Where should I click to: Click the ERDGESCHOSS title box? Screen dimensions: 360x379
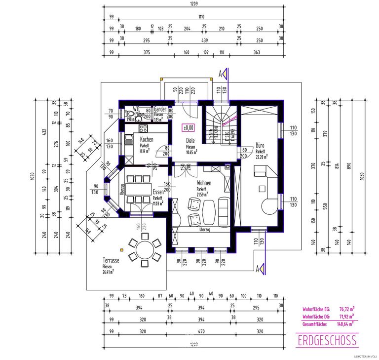(327, 340)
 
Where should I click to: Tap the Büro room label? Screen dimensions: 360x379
(260, 146)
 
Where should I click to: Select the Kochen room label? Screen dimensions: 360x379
(146, 140)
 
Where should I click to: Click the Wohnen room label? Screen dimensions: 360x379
(201, 183)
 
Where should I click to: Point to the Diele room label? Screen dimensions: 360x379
(191, 140)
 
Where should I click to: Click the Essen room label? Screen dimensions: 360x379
(159, 192)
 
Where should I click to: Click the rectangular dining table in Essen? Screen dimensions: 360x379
(138, 189)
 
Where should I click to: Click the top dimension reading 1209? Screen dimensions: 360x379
(194, 4)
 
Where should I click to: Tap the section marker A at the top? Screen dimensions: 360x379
(221, 74)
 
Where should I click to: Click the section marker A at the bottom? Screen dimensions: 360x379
(257, 269)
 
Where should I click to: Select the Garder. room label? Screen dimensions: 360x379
(160, 109)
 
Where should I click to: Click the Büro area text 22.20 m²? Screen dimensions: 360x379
(261, 157)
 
